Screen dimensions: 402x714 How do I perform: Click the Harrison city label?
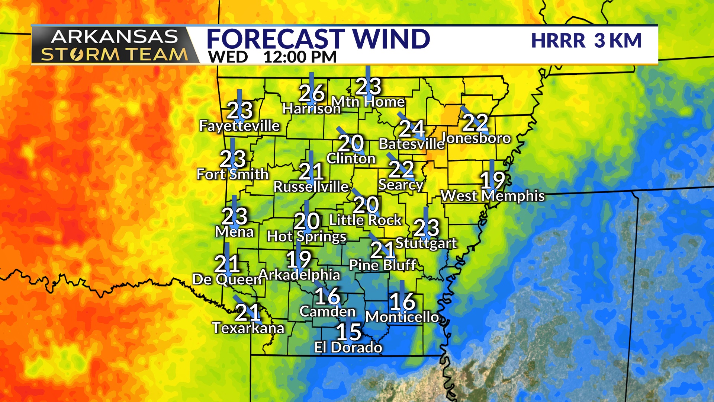(311, 109)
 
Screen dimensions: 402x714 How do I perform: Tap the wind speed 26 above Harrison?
(312, 93)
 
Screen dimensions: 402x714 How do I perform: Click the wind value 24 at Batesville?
(412, 129)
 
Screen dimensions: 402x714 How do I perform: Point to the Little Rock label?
(365, 220)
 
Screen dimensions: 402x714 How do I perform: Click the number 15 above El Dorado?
(348, 332)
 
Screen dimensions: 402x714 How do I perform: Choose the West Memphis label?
(492, 196)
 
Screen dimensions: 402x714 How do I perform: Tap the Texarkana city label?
(248, 328)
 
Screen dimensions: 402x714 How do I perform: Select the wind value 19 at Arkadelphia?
(298, 259)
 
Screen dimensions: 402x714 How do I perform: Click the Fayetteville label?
(239, 126)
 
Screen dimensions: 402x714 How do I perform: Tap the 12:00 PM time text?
(300, 57)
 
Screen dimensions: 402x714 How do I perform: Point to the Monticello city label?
(402, 317)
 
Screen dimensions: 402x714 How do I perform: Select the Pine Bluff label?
(382, 265)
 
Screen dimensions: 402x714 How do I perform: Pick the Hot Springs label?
(306, 236)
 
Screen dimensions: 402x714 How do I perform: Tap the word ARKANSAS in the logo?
(114, 37)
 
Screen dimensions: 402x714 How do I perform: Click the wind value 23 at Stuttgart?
(427, 227)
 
